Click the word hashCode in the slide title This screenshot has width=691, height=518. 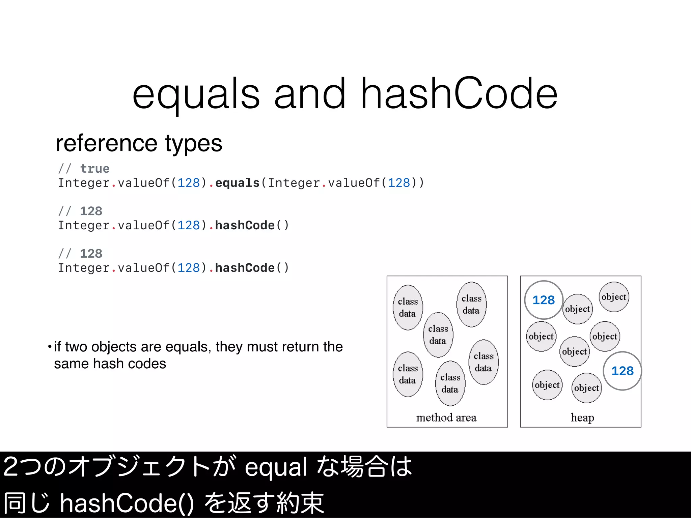459,94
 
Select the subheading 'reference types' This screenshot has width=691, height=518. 139,143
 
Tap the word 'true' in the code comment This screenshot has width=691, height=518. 95,169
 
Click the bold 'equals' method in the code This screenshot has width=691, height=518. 237,183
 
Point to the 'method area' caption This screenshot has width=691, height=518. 446,418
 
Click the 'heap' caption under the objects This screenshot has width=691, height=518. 582,418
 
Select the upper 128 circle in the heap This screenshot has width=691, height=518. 543,300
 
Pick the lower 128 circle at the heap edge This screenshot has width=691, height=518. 622,371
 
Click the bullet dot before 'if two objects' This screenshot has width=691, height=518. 50,346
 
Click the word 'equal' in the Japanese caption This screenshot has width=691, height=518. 276,467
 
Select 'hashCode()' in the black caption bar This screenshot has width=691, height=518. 127,503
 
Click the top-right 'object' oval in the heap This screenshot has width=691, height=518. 614,297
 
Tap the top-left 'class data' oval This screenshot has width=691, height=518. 408,307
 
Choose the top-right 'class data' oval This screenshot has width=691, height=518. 471,304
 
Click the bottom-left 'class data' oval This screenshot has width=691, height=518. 408,374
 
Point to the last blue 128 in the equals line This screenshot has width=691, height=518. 398,183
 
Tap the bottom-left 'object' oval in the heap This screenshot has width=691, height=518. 547,385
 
